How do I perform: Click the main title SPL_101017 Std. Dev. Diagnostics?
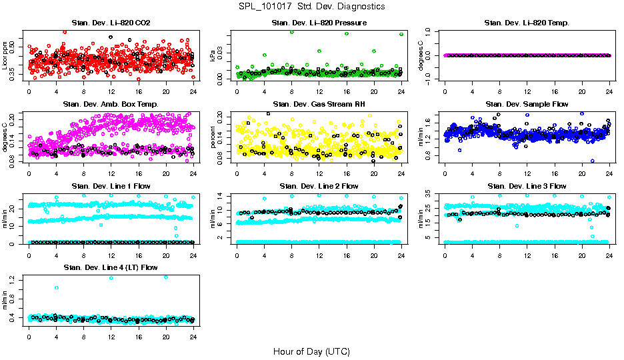point(311,7)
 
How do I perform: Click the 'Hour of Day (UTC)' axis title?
point(311,351)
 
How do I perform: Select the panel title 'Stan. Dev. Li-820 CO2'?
point(111,23)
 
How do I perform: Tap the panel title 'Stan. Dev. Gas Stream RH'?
point(319,105)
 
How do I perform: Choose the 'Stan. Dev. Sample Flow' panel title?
point(527,105)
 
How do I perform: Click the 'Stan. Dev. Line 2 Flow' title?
point(319,186)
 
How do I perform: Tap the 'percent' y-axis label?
point(213,137)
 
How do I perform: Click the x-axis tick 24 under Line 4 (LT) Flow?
point(193,336)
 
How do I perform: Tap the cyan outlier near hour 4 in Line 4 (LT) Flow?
point(57,287)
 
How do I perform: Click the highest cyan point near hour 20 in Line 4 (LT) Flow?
point(166,277)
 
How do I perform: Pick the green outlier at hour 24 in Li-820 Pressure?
point(401,34)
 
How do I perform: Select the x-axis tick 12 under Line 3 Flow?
point(527,255)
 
